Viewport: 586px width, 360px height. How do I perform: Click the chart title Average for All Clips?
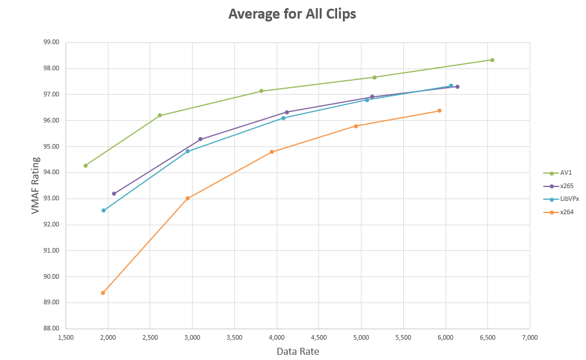coord(292,14)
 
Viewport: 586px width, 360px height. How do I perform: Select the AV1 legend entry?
coord(566,173)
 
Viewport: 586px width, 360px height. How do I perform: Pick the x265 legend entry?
coord(567,186)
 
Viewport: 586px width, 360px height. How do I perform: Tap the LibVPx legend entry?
coord(569,199)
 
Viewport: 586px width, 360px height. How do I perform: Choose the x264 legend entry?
coord(567,212)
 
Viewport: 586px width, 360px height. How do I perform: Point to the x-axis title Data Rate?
coord(298,351)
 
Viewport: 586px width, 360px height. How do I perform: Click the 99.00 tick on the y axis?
coord(52,42)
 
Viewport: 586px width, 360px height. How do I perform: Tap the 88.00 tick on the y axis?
coord(52,329)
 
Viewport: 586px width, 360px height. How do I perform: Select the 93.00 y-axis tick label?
coord(52,199)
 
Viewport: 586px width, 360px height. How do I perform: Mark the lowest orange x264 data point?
coord(103,293)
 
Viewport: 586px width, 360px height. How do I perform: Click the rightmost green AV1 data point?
coord(492,60)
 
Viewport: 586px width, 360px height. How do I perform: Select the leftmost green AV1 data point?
coord(85,165)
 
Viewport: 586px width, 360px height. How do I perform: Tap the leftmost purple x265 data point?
coord(114,193)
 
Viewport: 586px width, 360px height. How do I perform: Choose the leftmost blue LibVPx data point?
coord(103,210)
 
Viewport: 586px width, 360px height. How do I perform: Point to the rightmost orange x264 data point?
coord(439,110)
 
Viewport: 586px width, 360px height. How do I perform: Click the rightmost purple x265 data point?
coord(457,87)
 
